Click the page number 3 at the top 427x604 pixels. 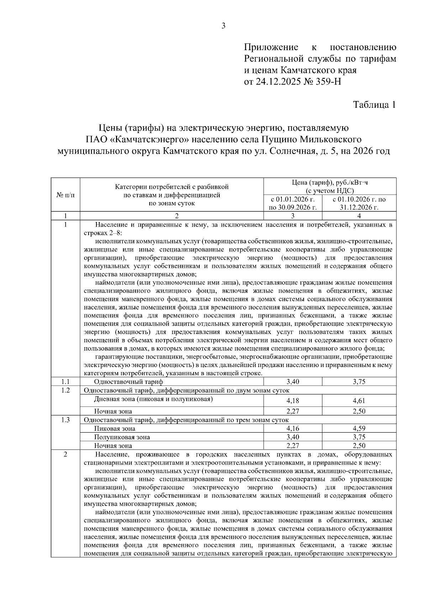click(223, 26)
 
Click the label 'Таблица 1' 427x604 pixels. click(374, 105)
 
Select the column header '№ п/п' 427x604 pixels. click(65, 195)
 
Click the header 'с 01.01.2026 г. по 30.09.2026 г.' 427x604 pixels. click(293, 203)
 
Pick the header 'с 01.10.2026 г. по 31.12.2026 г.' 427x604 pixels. click(359, 203)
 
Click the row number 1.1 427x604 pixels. click(65, 382)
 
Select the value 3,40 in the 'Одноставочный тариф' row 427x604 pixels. click(293, 382)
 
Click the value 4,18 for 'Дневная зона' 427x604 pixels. click(293, 401)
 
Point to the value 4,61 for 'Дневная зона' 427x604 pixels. click(359, 401)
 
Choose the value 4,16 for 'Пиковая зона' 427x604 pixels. click(293, 428)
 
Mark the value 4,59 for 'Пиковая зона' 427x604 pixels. click(359, 428)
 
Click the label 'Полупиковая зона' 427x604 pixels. click(122, 437)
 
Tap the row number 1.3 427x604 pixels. click(65, 420)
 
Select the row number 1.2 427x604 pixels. click(65, 390)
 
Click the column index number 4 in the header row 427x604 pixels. click(359, 216)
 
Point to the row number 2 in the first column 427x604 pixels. click(65, 454)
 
